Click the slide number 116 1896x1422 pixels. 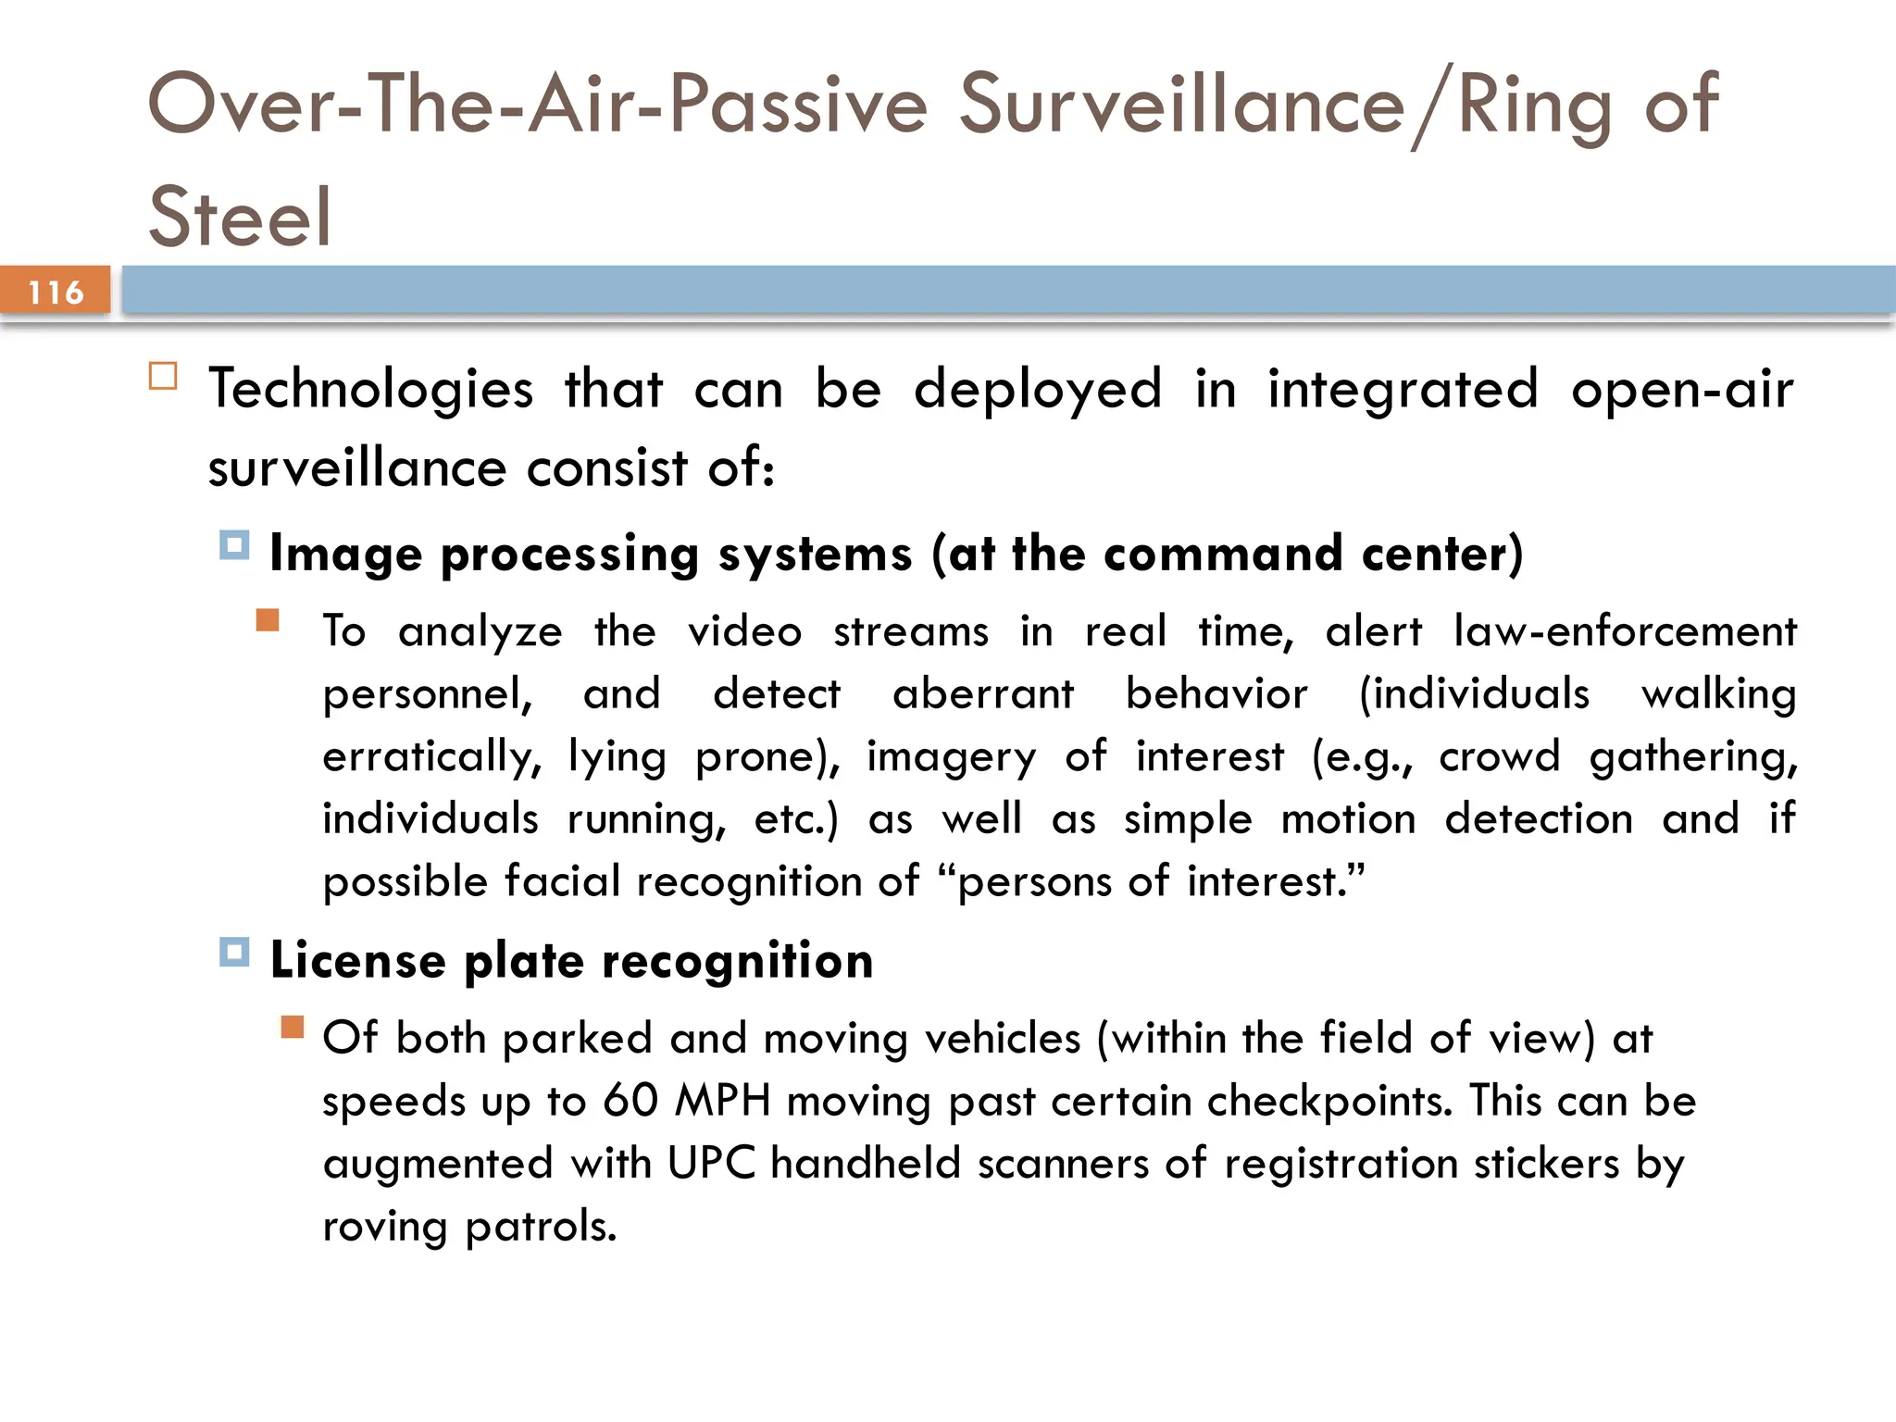pos(56,293)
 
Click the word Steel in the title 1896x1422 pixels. pos(240,218)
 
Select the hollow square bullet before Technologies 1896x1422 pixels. pos(163,377)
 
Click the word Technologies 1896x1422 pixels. pos(371,389)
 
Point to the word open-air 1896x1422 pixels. pos(1682,389)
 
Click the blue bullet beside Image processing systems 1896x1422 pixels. pos(234,545)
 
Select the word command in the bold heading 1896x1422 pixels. pos(1223,554)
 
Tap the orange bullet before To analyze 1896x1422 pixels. pos(268,619)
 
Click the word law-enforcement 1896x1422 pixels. pos(1625,631)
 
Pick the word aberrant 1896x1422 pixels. pos(983,694)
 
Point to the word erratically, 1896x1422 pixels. pos(431,757)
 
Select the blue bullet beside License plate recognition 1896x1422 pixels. pos(234,952)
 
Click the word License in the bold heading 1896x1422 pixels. pos(358,960)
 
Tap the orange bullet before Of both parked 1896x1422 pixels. pos(293,1027)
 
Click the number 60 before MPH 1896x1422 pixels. pos(630,1102)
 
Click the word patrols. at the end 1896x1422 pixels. pos(541,1227)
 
